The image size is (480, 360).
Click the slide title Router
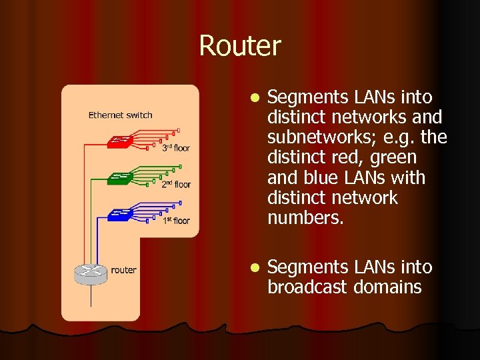[x=240, y=46]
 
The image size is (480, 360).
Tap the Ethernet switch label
[x=120, y=115]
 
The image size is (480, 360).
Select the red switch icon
[x=121, y=142]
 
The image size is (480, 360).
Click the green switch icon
[x=121, y=178]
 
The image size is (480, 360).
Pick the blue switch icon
[x=121, y=214]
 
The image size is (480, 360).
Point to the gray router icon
[x=90, y=272]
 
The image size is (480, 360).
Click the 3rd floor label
[x=176, y=148]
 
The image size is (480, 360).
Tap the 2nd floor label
[x=176, y=184]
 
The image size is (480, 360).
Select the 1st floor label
[x=176, y=220]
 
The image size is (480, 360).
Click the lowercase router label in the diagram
[x=123, y=270]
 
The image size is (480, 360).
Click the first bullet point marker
[x=253, y=98]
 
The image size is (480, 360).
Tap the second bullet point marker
[x=253, y=267]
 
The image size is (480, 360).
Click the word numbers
[x=305, y=218]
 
